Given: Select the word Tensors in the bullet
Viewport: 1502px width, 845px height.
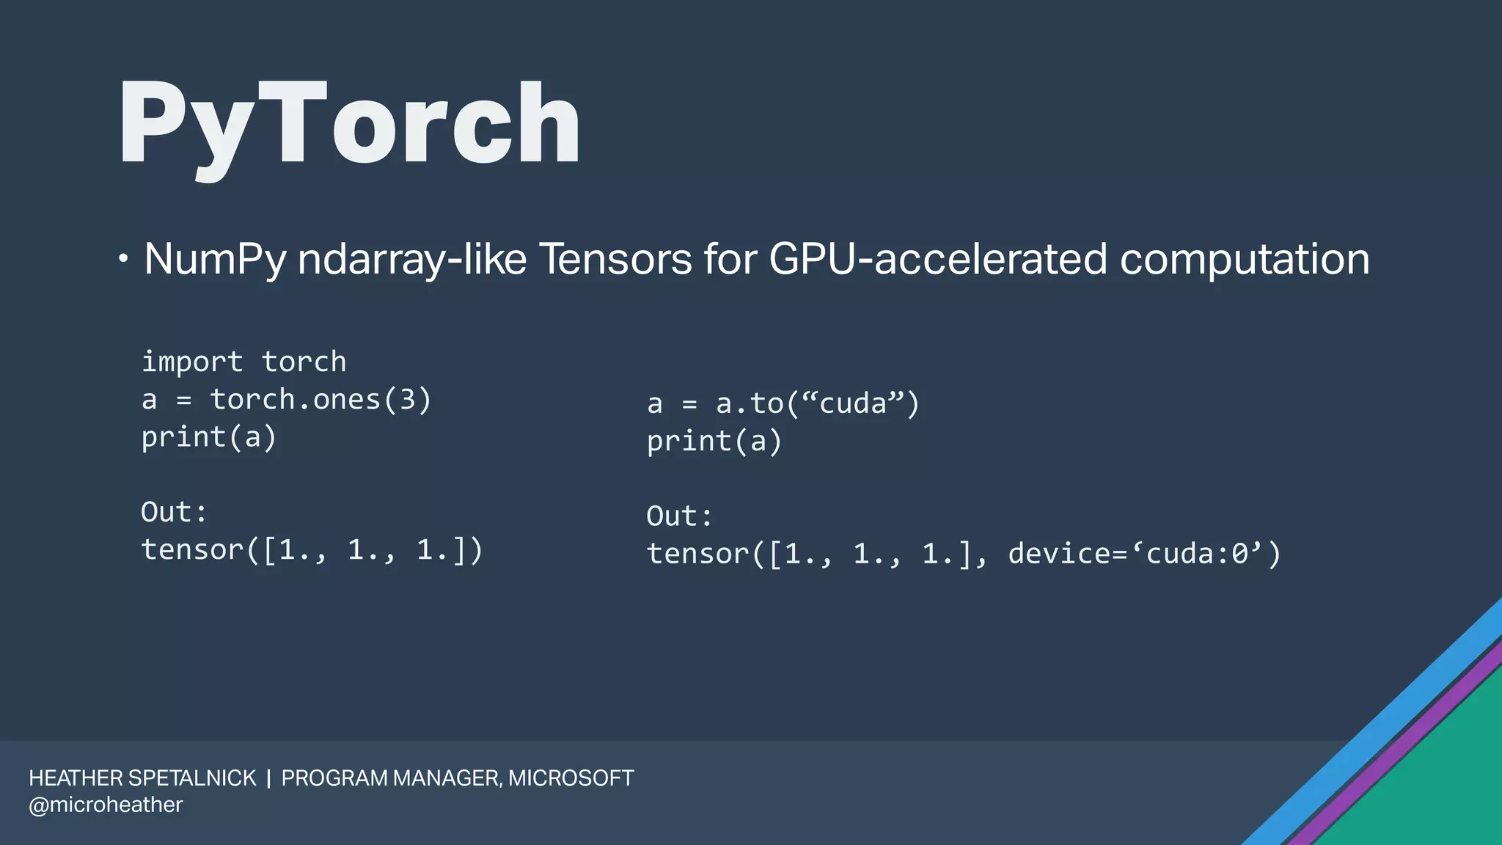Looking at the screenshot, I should (615, 259).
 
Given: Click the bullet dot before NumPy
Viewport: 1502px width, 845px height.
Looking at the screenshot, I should (123, 259).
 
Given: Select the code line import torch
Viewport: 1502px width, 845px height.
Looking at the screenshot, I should (243, 362).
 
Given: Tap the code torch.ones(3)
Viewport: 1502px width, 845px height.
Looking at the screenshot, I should (320, 400).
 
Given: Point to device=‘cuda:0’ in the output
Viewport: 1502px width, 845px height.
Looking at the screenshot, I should (1144, 554).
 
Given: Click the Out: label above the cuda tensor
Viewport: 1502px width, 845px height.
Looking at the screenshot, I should (679, 516).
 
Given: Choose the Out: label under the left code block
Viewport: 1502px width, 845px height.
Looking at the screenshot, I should (174, 512).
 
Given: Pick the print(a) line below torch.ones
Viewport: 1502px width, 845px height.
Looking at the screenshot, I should (208, 438).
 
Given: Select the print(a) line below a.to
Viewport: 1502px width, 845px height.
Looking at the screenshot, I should (714, 442).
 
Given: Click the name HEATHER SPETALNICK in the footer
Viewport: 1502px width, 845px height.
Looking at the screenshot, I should (142, 778).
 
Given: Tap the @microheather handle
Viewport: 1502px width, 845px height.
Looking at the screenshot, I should (106, 805).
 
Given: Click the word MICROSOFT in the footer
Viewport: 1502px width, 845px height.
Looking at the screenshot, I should (571, 778).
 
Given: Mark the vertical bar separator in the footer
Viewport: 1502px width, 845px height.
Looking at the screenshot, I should (268, 778).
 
